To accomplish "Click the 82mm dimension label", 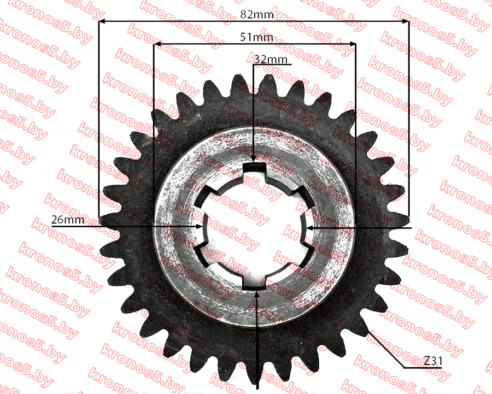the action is click(257, 14).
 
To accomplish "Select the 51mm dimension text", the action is click(256, 37).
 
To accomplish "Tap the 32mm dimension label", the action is click(271, 59).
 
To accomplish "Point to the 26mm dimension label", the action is click(68, 220).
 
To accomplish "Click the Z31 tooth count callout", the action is click(433, 361).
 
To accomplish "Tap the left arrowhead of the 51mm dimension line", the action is click(157, 44).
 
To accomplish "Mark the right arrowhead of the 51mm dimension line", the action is click(353, 44).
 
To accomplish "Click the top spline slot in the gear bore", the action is click(255, 168).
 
